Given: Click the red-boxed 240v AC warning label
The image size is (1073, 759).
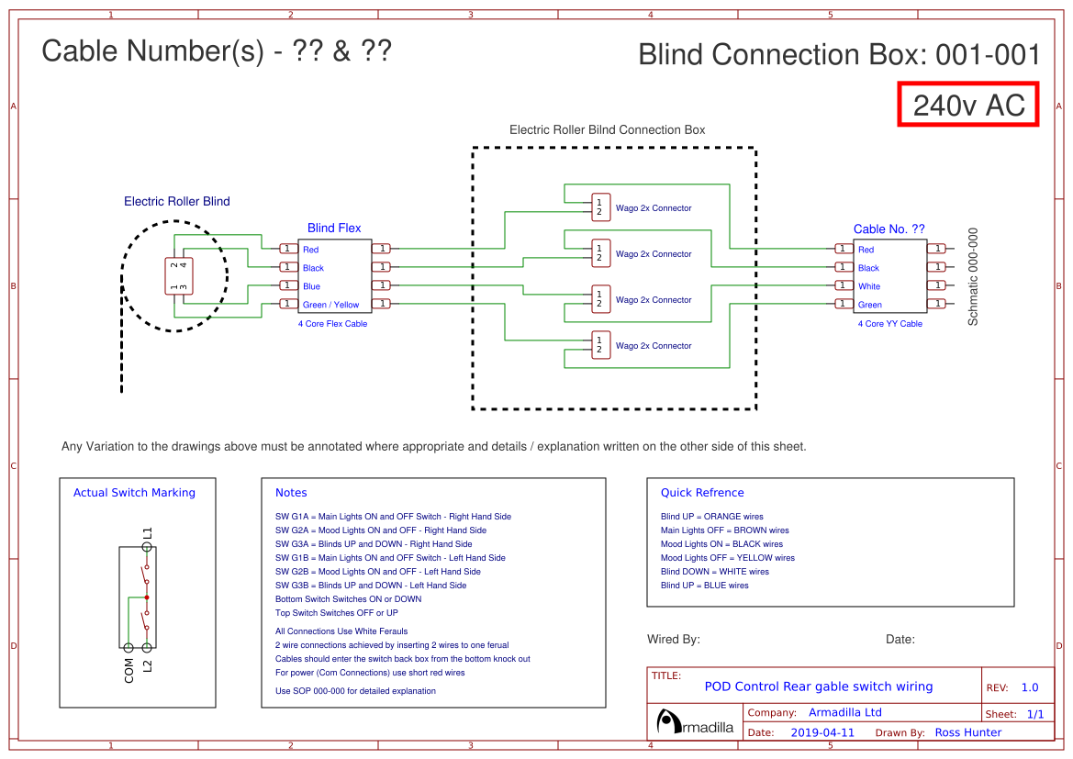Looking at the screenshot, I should (968, 106).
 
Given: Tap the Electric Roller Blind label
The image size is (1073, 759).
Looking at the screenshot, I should (177, 202).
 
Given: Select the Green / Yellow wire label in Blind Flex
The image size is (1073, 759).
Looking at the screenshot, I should (331, 305).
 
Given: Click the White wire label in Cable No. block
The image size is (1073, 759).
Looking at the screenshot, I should (869, 286).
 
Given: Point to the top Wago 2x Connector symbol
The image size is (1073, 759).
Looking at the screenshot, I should (600, 207).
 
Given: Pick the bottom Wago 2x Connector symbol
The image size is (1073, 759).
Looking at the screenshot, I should (600, 345).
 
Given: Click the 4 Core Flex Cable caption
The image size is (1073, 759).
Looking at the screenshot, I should (332, 324).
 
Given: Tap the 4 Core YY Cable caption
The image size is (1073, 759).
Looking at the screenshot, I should (889, 324).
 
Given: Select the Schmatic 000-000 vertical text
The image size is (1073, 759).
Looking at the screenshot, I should (974, 276).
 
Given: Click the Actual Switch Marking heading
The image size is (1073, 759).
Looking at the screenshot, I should (134, 493).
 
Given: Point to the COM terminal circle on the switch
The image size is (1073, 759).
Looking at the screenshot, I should (129, 648).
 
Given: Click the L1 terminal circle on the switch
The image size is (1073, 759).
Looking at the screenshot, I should (147, 547).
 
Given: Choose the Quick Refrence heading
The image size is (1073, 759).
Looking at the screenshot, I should (702, 493).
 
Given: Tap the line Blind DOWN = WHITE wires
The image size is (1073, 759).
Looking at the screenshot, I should (715, 572).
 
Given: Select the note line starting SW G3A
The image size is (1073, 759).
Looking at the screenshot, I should (374, 544).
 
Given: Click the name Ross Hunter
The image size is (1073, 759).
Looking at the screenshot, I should (968, 732).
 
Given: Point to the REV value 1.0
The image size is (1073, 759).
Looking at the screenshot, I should (1030, 687).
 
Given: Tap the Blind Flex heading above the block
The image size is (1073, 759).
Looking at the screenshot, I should (334, 229).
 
